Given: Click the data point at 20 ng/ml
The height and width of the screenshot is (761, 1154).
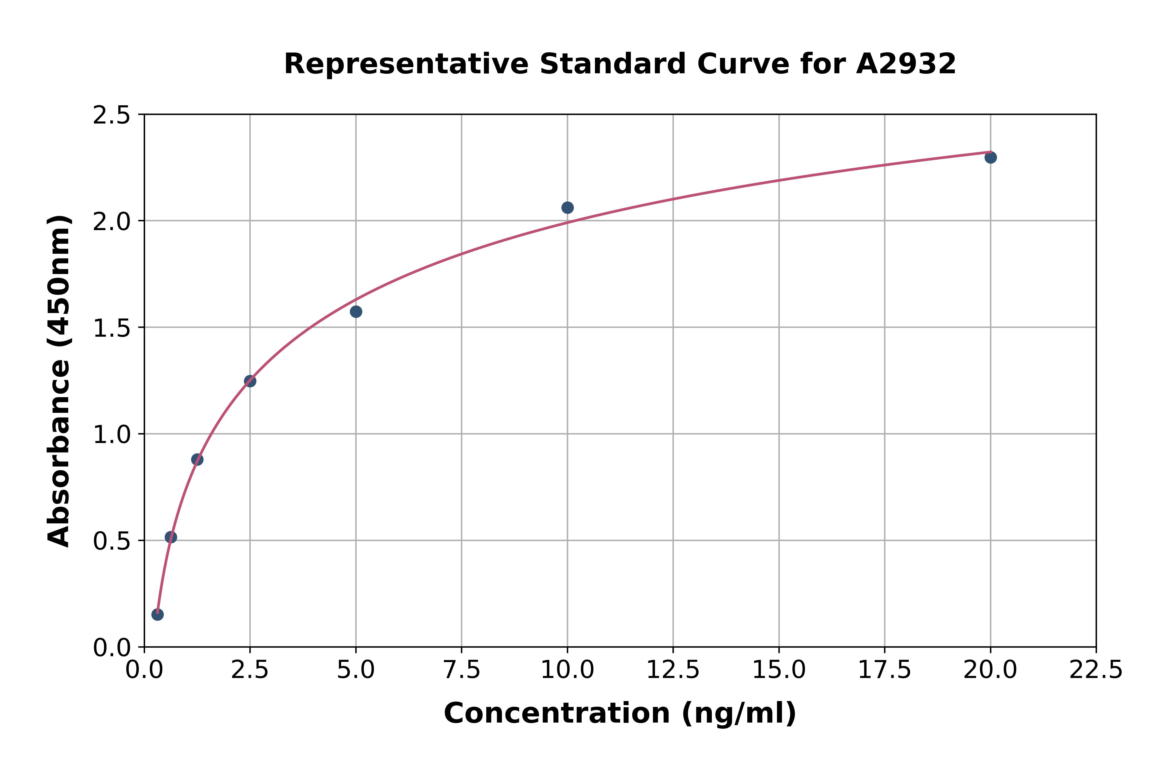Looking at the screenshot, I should [x=990, y=157].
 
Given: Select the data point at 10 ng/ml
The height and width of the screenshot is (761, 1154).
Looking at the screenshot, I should [x=567, y=208].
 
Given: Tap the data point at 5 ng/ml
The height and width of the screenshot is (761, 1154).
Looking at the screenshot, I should [x=356, y=312].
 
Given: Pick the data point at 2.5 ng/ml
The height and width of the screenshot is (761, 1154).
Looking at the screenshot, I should [x=250, y=381].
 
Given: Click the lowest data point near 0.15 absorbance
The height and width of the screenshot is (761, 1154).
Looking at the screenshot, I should [x=157, y=614].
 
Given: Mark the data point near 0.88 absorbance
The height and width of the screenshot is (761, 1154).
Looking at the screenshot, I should [x=197, y=459].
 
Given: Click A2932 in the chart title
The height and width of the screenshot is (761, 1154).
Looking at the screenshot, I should [x=906, y=64].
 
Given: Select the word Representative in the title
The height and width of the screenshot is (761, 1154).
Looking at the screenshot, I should [x=406, y=64].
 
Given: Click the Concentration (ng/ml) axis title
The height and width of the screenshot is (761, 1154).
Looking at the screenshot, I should [x=620, y=713].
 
